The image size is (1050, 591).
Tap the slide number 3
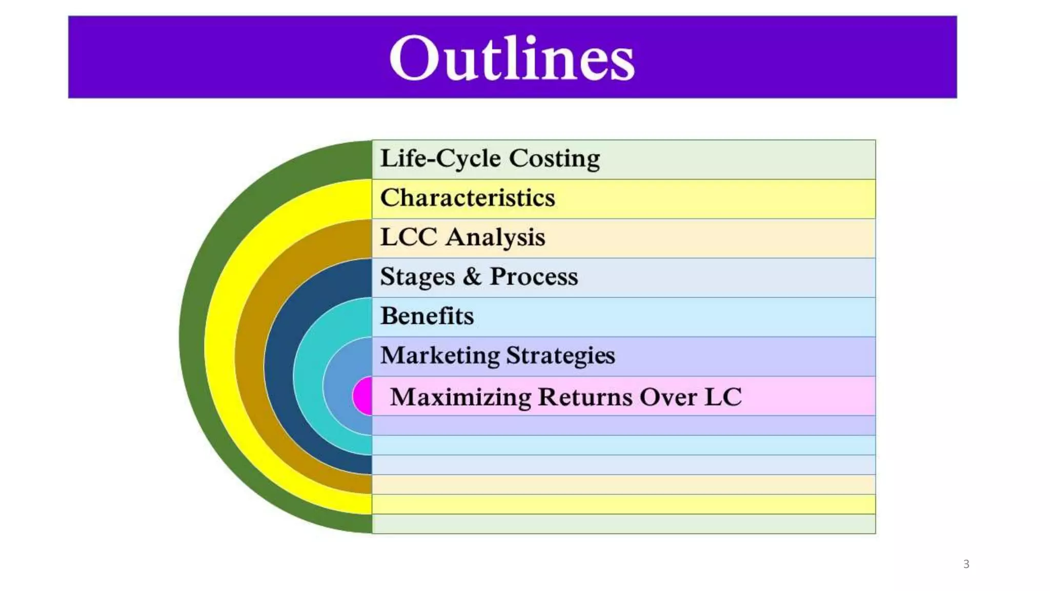[966, 564]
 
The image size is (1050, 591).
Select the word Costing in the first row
[554, 159]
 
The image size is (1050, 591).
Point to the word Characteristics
[468, 198]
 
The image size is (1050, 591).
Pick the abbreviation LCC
[409, 237]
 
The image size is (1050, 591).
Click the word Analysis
[495, 238]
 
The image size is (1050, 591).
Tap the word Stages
[417, 277]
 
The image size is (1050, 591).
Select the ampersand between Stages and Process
[472, 277]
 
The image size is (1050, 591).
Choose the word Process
[534, 277]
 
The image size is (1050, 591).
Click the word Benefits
[427, 316]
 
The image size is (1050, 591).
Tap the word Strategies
[561, 356]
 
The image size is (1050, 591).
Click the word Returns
[585, 397]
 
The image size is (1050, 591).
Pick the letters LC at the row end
[723, 397]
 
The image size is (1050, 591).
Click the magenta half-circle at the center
[364, 396]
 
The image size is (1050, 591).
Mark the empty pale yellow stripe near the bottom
[623, 504]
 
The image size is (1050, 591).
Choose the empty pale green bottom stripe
[623, 524]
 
